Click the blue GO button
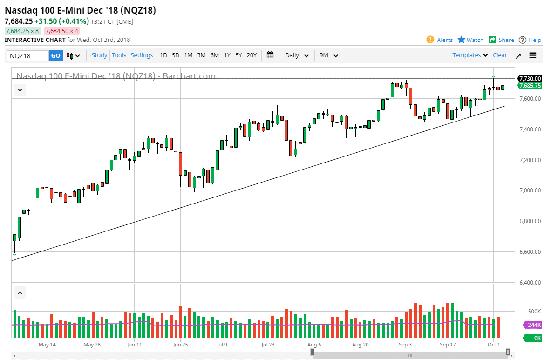(x=55, y=55)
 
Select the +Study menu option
(x=98, y=55)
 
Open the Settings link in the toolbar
(x=142, y=55)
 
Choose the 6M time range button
(x=214, y=55)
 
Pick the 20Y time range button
(x=252, y=55)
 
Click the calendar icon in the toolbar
(x=270, y=55)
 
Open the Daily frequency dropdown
(x=297, y=55)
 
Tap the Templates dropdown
(x=470, y=55)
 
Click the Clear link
(x=500, y=55)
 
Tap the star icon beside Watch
(x=462, y=40)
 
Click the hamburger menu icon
(x=533, y=55)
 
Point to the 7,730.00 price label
(x=530, y=78)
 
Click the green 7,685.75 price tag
(x=530, y=86)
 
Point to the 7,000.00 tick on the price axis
(x=530, y=190)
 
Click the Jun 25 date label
(x=180, y=345)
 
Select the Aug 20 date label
(x=360, y=345)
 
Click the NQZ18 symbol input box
(x=28, y=55)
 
